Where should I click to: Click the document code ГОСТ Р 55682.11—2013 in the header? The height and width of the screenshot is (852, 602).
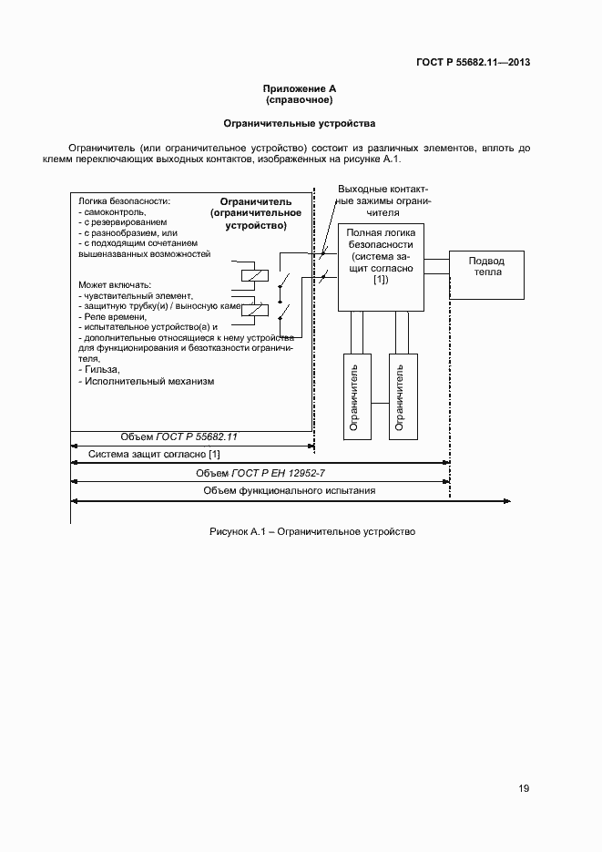[x=474, y=63]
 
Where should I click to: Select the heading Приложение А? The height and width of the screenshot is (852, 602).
[x=300, y=88]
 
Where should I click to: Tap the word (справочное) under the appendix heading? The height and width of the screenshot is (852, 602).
[x=300, y=99]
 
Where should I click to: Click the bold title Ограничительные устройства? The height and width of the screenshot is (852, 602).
[x=300, y=122]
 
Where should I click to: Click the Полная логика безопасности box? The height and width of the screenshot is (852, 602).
[x=380, y=265]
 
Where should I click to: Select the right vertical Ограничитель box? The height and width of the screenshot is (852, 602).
[x=398, y=395]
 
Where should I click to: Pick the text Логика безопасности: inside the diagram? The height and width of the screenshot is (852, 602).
[x=125, y=200]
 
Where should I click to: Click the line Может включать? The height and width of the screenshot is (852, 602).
[x=115, y=284]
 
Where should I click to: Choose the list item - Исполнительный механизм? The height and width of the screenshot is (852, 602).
[x=147, y=381]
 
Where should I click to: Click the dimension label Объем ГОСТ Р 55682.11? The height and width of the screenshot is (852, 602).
[x=179, y=436]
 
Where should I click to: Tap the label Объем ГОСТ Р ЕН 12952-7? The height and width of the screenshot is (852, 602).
[x=260, y=473]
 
